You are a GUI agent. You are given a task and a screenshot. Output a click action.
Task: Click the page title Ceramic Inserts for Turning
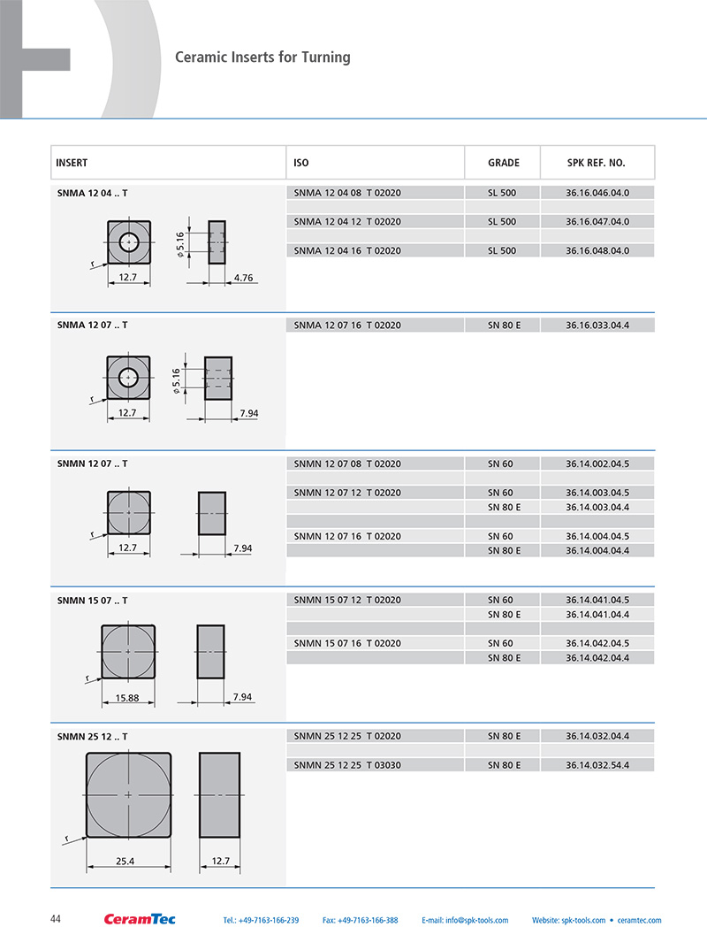click(x=262, y=57)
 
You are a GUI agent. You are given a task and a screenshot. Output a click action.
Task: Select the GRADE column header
click(x=503, y=163)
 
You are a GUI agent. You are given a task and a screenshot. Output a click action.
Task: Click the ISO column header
click(x=301, y=163)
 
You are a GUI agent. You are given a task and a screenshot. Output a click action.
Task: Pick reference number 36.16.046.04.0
click(x=597, y=193)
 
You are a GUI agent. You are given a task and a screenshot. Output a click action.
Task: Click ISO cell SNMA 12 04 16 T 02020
click(x=347, y=251)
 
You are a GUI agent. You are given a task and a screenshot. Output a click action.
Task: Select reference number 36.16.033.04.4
click(x=597, y=326)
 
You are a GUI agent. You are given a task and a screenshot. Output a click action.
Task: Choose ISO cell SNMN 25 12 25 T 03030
click(x=347, y=765)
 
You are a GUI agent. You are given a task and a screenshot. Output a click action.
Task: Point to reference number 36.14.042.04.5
click(x=597, y=643)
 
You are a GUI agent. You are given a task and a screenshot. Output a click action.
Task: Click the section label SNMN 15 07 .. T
click(x=92, y=601)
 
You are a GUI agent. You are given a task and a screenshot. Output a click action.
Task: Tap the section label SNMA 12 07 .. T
click(x=92, y=325)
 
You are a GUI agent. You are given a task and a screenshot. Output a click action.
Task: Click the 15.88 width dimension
click(x=128, y=698)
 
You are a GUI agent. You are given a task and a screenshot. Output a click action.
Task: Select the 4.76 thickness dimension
click(x=243, y=278)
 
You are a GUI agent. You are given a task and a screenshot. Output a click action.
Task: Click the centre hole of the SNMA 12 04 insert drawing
click(x=129, y=241)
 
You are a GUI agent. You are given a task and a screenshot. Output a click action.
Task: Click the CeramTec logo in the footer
click(x=140, y=919)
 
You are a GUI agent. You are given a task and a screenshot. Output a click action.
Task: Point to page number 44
click(x=56, y=919)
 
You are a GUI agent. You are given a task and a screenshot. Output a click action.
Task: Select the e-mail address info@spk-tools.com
click(x=465, y=920)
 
